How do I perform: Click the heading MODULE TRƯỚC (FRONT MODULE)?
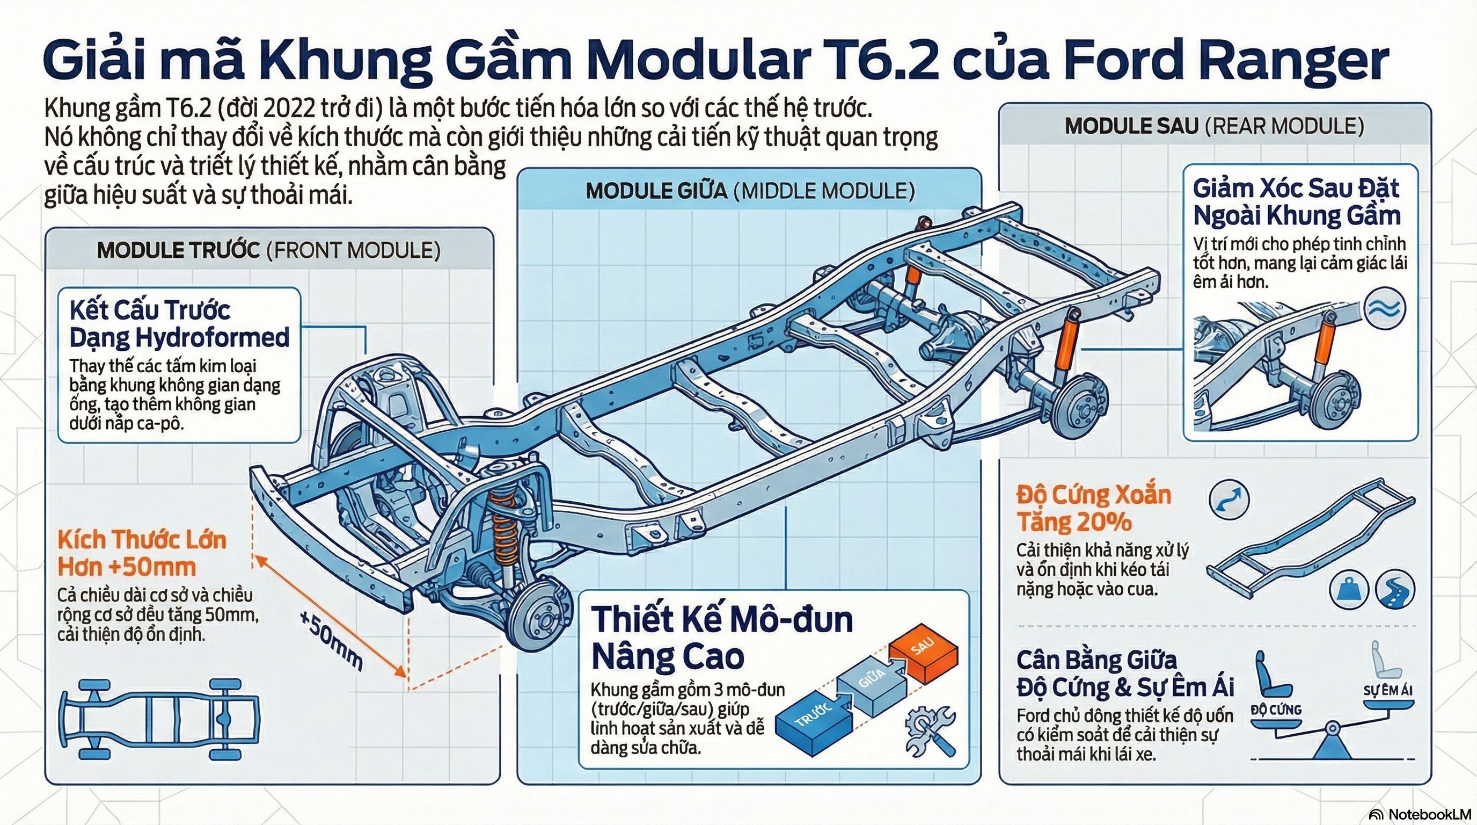coord(268,251)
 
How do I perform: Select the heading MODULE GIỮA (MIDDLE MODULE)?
coord(750,191)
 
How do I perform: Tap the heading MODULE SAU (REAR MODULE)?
coord(1215,126)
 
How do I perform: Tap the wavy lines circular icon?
coord(1385,308)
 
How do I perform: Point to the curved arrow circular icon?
coord(1229,499)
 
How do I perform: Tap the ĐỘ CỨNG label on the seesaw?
coord(1276,710)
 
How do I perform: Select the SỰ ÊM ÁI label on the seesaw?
coord(1387,690)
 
